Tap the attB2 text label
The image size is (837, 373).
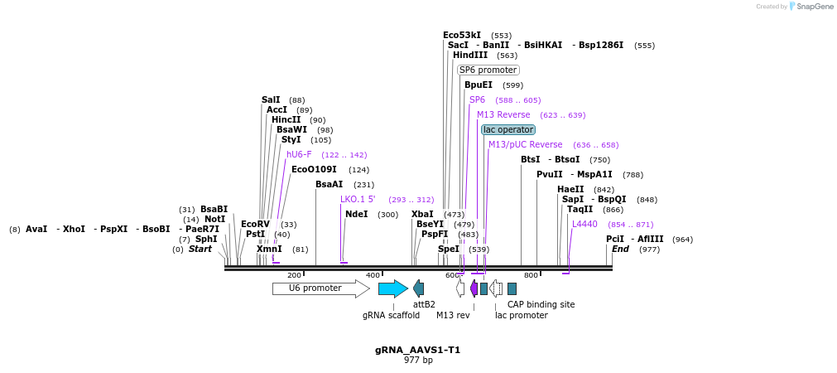pos(424,304)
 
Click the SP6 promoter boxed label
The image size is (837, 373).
pos(488,70)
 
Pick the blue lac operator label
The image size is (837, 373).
pos(508,129)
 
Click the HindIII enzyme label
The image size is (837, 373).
pos(470,56)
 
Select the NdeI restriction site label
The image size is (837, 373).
pos(356,215)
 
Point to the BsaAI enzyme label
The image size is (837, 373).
pos(329,185)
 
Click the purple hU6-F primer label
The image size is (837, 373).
pos(299,154)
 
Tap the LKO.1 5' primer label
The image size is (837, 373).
pos(358,199)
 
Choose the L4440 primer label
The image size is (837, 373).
pos(584,224)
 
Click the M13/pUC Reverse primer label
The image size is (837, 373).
pos(525,144)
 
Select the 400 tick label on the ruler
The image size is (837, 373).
pos(373,275)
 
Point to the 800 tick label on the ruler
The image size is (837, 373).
pos(531,275)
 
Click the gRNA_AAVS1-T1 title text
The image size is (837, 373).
pos(417,350)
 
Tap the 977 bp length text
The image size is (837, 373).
pos(418,361)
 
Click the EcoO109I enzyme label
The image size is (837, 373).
pos(314,169)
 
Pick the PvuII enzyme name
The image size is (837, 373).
pos(549,174)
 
